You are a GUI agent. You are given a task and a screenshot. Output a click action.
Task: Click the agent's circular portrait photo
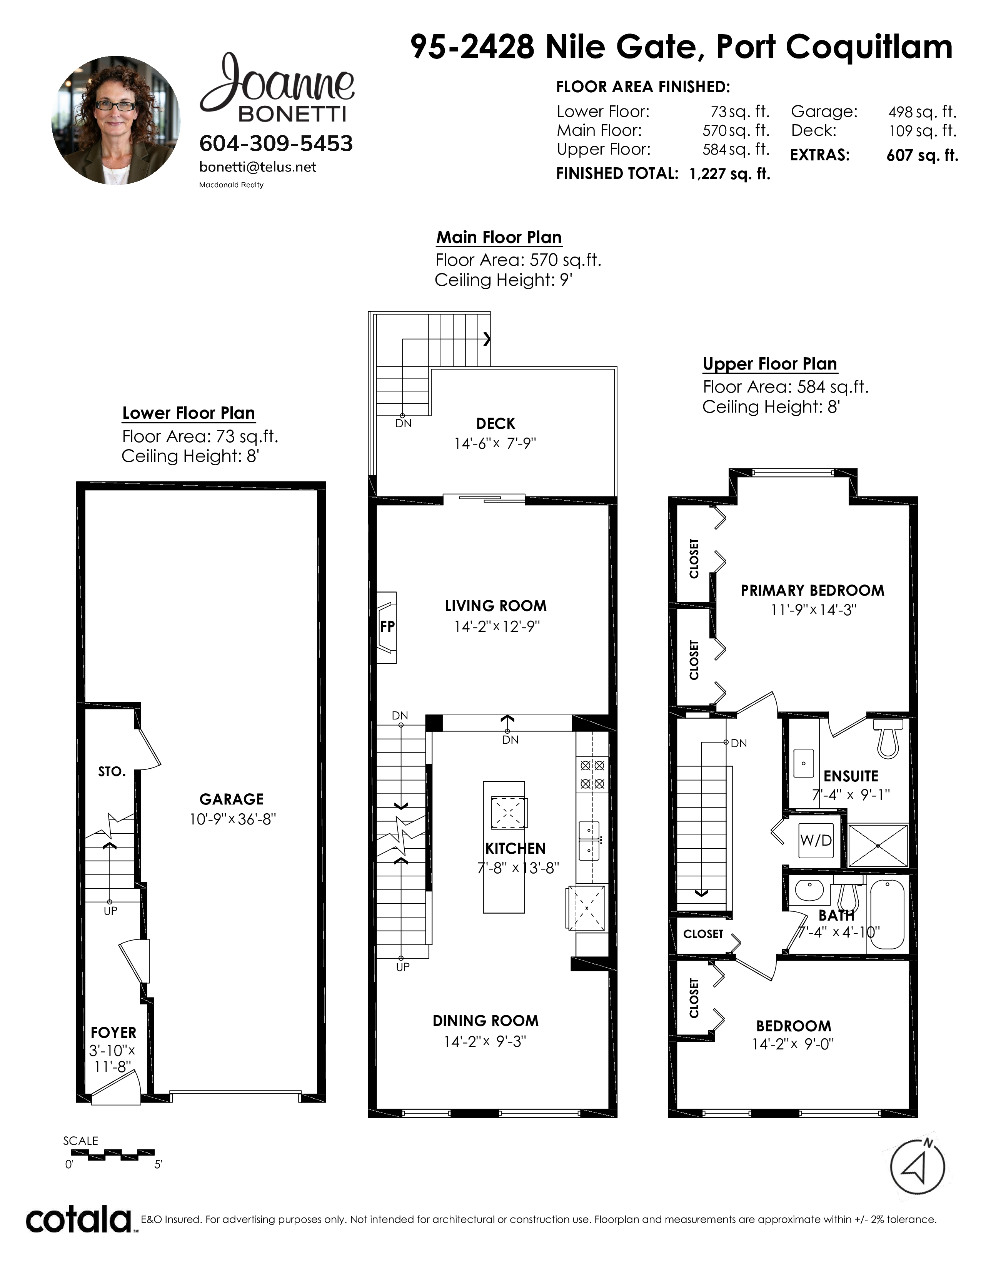[116, 120]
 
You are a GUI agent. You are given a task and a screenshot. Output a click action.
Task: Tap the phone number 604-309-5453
[276, 143]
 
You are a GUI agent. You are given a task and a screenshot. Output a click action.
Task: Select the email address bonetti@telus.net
[257, 167]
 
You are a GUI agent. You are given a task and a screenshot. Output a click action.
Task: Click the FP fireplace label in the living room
[387, 626]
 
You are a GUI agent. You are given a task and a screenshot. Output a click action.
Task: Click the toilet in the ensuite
[888, 738]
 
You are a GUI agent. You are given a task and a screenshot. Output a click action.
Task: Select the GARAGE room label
[231, 799]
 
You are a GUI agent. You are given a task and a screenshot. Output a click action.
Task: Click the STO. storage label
[112, 772]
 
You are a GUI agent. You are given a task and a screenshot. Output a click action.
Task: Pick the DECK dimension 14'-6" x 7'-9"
[495, 443]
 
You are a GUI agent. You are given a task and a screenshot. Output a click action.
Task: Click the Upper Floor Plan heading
[770, 364]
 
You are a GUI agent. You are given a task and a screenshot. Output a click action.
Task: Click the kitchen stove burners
[592, 774]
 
